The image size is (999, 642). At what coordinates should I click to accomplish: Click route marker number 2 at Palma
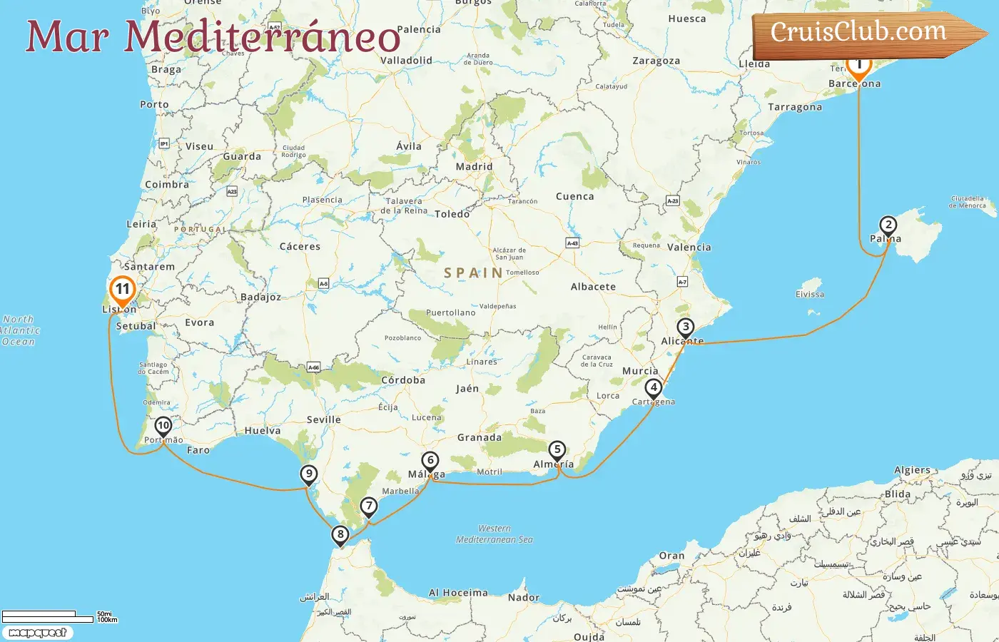888,226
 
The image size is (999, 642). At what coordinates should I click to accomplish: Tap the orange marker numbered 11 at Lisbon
123,290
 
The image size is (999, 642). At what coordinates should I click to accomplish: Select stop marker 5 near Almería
557,450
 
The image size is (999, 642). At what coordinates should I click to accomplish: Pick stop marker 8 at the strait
340,534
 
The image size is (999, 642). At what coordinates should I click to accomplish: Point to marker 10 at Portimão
163,426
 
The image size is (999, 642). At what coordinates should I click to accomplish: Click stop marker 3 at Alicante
685,327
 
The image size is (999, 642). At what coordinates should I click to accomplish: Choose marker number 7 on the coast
368,506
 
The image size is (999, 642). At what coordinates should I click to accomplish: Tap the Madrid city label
474,166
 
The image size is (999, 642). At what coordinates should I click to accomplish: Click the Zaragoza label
656,61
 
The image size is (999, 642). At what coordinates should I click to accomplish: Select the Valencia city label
689,247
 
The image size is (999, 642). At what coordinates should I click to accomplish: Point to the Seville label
323,419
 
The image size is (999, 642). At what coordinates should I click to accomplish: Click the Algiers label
912,470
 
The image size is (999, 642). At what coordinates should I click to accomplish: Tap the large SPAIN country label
473,272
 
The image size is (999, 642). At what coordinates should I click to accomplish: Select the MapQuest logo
37,633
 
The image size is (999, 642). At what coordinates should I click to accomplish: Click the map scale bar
49,616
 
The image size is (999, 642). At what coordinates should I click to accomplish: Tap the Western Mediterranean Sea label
495,534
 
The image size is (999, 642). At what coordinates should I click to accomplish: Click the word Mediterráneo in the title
263,37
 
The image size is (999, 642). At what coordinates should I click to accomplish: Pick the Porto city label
154,104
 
